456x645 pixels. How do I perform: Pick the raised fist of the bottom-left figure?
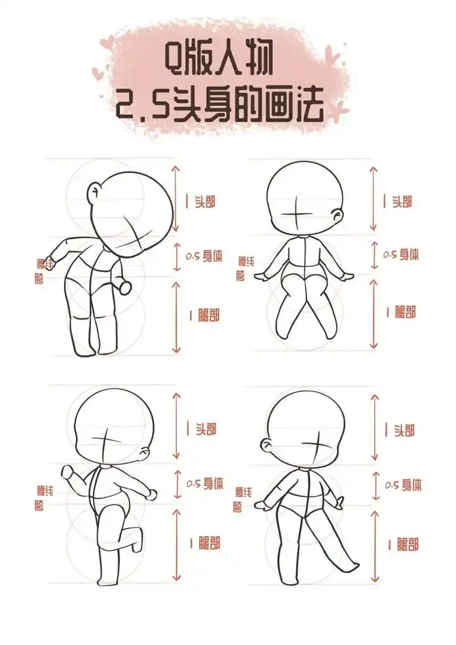[68, 473]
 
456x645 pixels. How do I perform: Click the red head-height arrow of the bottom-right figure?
[375, 426]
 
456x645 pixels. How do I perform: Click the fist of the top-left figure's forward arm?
[125, 287]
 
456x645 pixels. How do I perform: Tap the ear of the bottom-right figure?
[265, 444]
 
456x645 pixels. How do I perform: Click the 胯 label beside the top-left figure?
[39, 278]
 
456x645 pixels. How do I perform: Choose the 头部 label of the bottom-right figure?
[404, 429]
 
